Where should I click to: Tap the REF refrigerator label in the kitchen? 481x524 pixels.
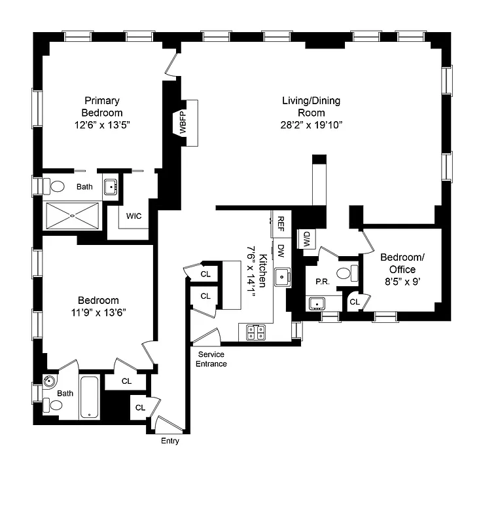[x=281, y=225]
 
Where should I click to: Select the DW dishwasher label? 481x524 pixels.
[x=281, y=251]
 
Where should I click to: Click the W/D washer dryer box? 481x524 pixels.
[x=306, y=239]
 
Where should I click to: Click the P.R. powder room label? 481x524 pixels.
[x=321, y=281]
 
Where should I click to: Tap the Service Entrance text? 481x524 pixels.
[x=212, y=359]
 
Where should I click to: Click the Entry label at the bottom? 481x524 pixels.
[x=170, y=441]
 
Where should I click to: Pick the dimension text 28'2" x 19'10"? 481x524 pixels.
[x=312, y=124]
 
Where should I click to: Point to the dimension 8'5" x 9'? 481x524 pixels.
[x=402, y=282]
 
